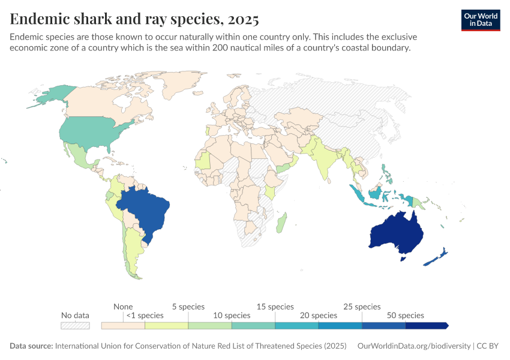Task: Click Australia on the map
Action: (x=396, y=234)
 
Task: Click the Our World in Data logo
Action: (x=481, y=20)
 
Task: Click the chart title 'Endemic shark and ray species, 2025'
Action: (x=134, y=19)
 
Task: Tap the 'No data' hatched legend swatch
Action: (x=75, y=325)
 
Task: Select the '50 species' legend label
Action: (x=405, y=315)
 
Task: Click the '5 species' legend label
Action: (x=188, y=307)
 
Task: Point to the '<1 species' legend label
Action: (x=145, y=315)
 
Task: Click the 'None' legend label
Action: (x=123, y=307)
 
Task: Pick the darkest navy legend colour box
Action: (x=426, y=325)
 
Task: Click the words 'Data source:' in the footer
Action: (x=31, y=346)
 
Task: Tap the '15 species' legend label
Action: (x=275, y=307)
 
